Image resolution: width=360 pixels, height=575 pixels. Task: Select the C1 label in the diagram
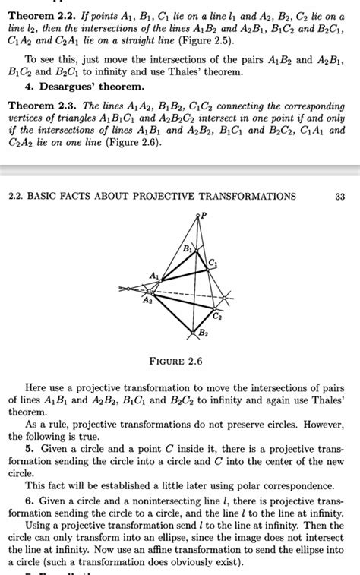(x=212, y=262)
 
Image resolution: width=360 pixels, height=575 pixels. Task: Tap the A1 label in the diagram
(x=155, y=275)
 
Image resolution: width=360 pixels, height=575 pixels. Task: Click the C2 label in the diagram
(x=218, y=314)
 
